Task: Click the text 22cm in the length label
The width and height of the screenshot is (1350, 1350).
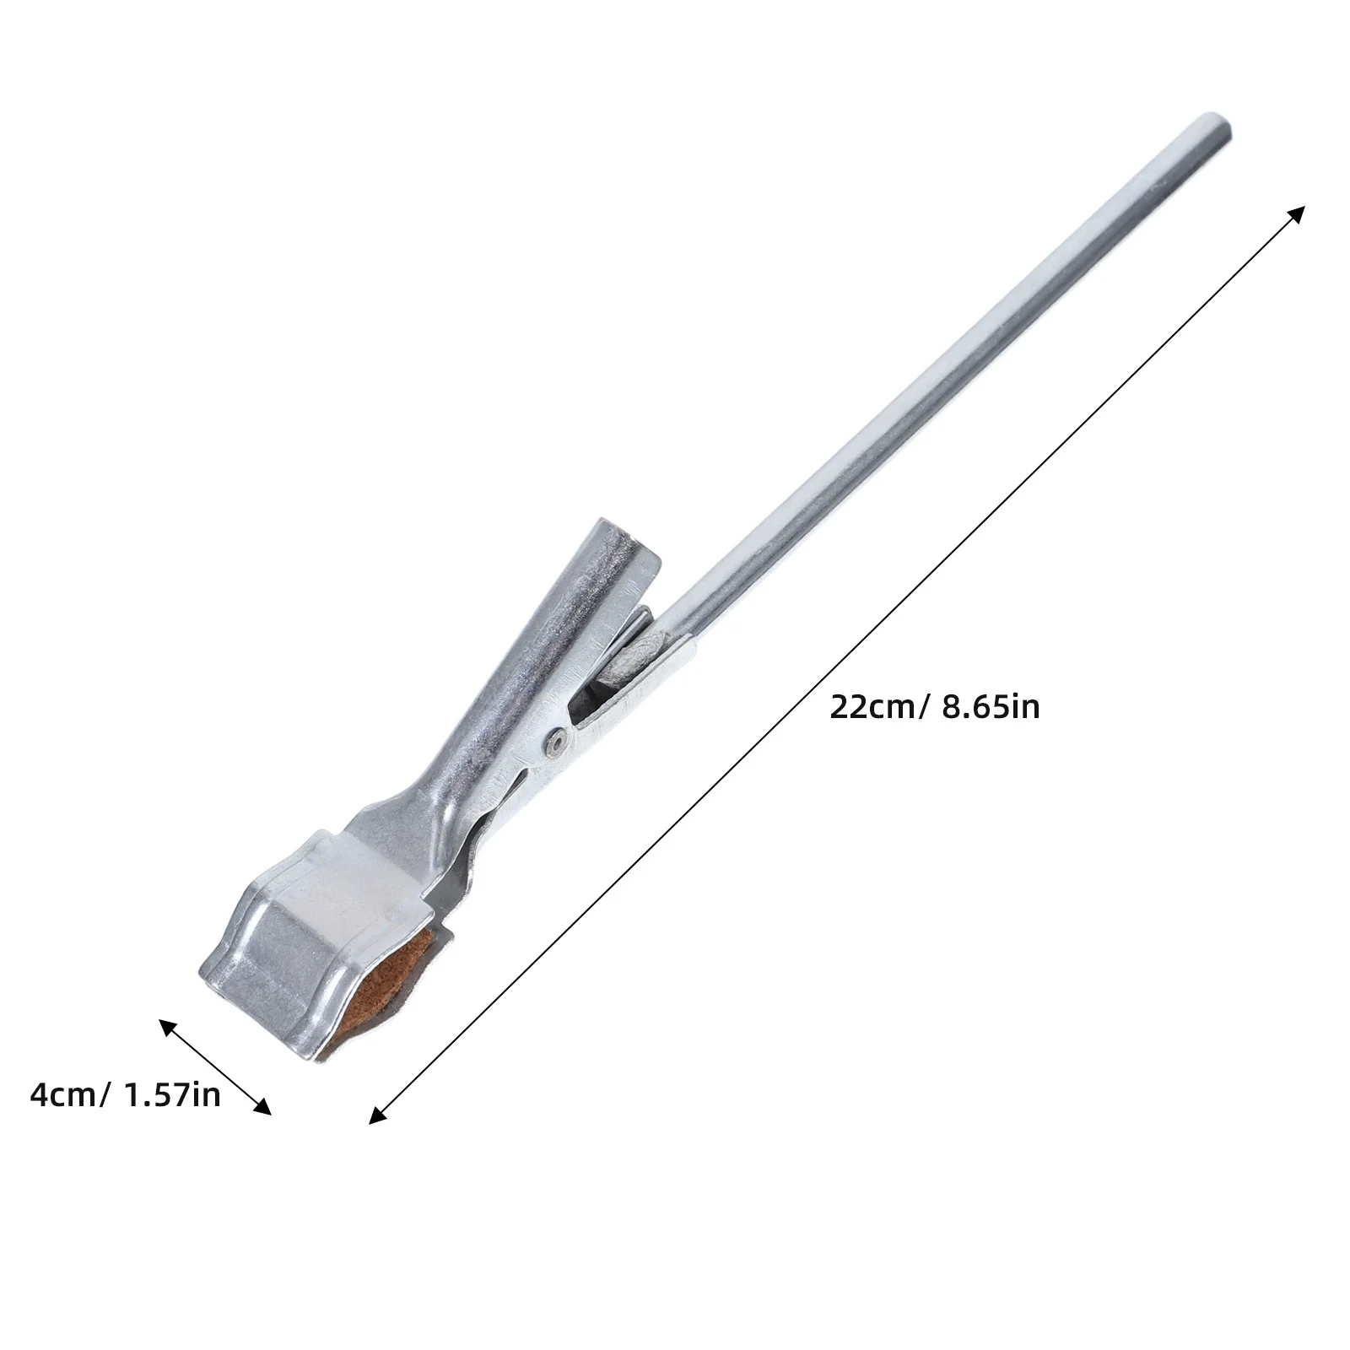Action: (871, 707)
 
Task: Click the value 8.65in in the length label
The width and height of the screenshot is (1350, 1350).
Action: (990, 707)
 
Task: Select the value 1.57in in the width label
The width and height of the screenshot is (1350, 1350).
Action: (172, 1095)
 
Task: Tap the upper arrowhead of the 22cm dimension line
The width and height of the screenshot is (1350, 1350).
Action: (1297, 211)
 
